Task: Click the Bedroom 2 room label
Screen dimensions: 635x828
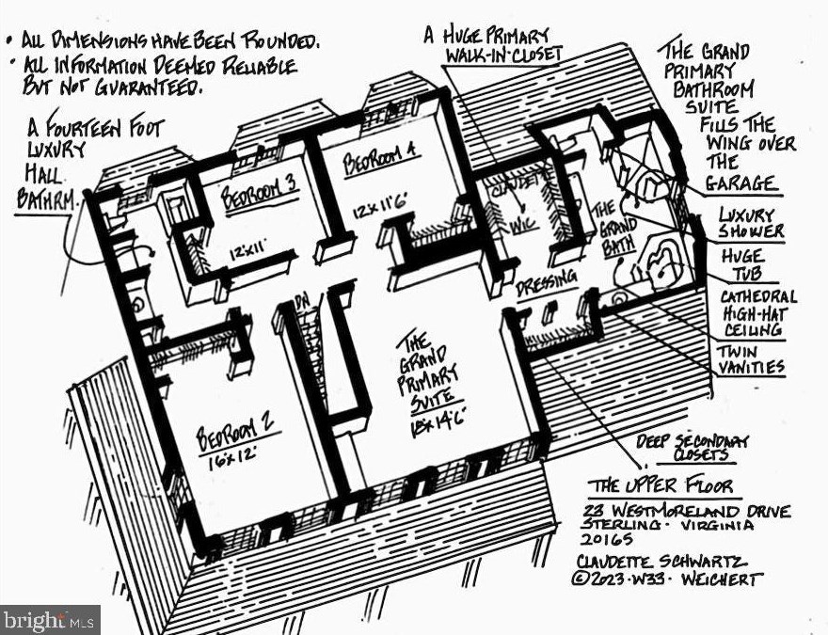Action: pos(235,437)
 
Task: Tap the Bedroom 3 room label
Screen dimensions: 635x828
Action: pos(261,196)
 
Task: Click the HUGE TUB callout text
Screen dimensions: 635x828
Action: pos(743,265)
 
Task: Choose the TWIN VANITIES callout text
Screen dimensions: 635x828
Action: pos(750,358)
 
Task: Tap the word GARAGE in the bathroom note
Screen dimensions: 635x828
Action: pos(743,183)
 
